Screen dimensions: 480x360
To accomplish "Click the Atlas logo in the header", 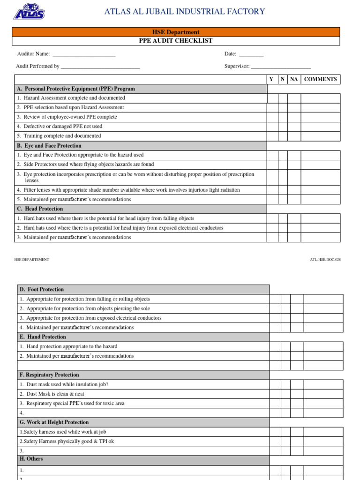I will pyautogui.click(x=29, y=12).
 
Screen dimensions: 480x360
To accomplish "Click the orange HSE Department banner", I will pyautogui.click(x=176, y=32).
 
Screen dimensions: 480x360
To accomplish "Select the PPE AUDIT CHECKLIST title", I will pyautogui.click(x=176, y=41).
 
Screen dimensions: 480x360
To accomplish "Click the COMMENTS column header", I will pyautogui.click(x=321, y=79).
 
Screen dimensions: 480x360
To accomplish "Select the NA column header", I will pyautogui.click(x=294, y=79).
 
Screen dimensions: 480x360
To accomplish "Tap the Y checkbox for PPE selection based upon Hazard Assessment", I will pyautogui.click(x=272, y=108).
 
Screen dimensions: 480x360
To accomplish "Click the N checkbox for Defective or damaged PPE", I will pyautogui.click(x=283, y=127).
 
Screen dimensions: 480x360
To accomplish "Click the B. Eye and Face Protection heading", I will pyautogui.click(x=49, y=146).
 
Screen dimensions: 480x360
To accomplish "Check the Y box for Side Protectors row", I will pyautogui.click(x=272, y=165).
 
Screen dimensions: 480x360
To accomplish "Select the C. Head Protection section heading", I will pyautogui.click(x=40, y=209).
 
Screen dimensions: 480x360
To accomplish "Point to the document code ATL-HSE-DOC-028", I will pyautogui.click(x=325, y=260).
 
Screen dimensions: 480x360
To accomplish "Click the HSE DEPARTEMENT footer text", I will pyautogui.click(x=32, y=260).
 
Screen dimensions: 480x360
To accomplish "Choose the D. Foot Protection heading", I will pyautogui.click(x=42, y=290).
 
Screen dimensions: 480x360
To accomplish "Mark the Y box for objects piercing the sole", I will pyautogui.click(x=275, y=308).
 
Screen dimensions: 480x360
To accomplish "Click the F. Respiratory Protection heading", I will pyautogui.click(x=49, y=375).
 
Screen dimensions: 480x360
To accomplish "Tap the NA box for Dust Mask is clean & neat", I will pyautogui.click(x=297, y=394).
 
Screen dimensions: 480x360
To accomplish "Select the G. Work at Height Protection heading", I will pyautogui.click(x=54, y=422).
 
